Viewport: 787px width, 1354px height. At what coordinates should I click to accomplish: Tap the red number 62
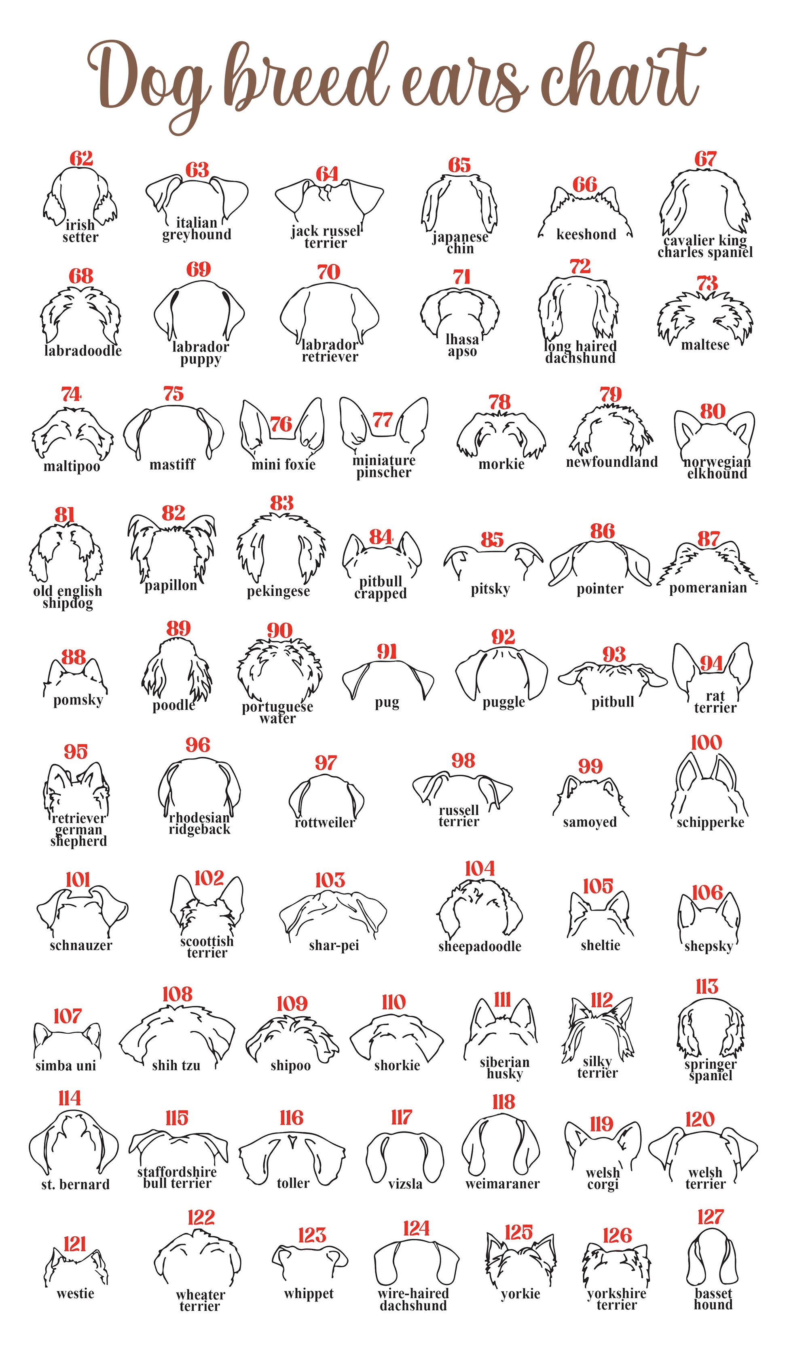[81, 159]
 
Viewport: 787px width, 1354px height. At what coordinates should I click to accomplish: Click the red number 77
[383, 420]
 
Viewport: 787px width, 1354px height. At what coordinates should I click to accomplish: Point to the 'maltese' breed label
[705, 345]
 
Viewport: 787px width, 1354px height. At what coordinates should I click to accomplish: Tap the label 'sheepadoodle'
[479, 946]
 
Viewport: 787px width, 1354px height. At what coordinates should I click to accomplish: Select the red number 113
[707, 987]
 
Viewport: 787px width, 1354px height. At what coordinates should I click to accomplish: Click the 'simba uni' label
[66, 1066]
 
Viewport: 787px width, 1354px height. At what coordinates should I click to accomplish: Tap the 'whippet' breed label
[309, 1294]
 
